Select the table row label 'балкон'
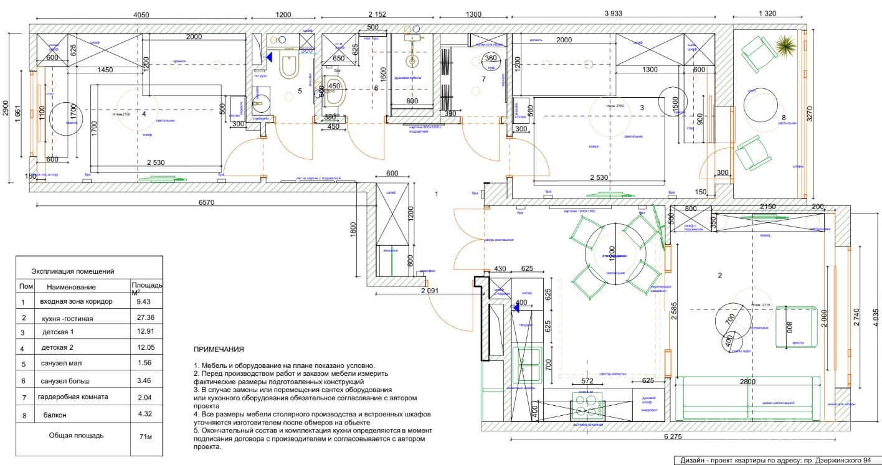point(55,414)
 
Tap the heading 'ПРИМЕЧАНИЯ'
point(219,350)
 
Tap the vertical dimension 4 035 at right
point(876,319)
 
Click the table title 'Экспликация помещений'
point(73,271)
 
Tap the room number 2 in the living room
point(720,275)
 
